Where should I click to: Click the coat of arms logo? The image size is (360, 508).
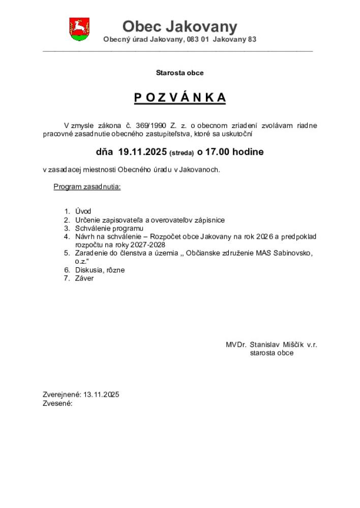tap(79, 29)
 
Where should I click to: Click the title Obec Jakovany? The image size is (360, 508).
tap(179, 26)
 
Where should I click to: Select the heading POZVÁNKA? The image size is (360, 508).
tap(179, 98)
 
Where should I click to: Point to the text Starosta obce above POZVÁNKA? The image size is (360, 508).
tap(179, 73)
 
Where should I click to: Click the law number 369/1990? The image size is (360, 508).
tap(153, 125)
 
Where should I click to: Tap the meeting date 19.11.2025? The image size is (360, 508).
tap(142, 152)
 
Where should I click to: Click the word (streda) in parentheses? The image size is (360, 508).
tap(182, 153)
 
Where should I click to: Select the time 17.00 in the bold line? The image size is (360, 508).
tap(217, 152)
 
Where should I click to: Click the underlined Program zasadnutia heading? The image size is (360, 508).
tap(87, 187)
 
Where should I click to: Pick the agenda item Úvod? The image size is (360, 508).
tap(83, 211)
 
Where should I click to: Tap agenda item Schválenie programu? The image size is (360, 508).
tap(109, 228)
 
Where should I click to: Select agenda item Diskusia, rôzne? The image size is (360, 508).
tap(100, 270)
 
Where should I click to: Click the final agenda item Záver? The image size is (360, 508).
tap(84, 278)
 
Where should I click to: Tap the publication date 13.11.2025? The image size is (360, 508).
tap(101, 395)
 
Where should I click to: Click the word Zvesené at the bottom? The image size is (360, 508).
tap(57, 403)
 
